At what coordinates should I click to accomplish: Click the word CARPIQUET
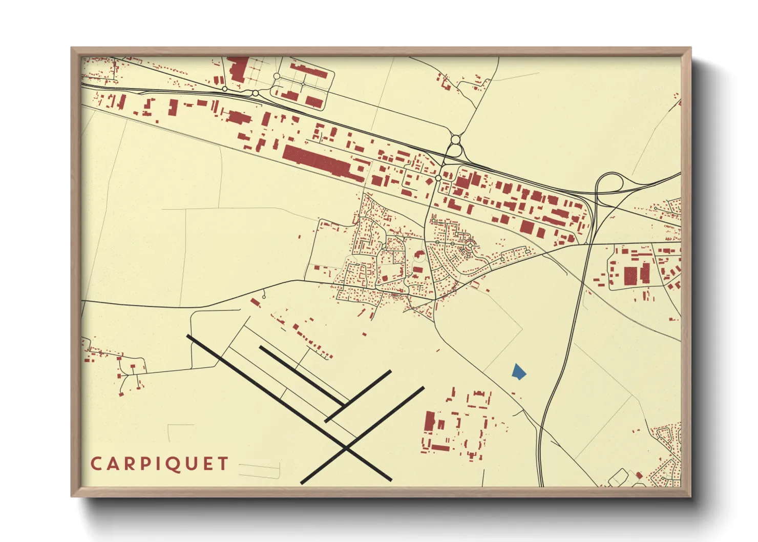pyautogui.click(x=159, y=464)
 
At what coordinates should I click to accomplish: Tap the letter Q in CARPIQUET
pyautogui.click(x=176, y=465)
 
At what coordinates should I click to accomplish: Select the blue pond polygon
pyautogui.click(x=518, y=371)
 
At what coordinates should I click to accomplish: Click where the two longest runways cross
pyautogui.click(x=347, y=449)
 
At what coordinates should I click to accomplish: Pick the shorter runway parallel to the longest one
pyautogui.click(x=301, y=376)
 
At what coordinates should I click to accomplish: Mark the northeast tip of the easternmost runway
pyautogui.click(x=423, y=388)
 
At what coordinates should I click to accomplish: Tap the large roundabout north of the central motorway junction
pyautogui.click(x=455, y=139)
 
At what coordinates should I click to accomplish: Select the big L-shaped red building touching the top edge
pyautogui.click(x=238, y=69)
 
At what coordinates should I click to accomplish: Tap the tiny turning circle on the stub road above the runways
pyautogui.click(x=264, y=297)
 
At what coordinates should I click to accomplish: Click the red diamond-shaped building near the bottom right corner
pyautogui.click(x=639, y=476)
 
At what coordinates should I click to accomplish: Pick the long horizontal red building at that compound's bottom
pyautogui.click(x=440, y=448)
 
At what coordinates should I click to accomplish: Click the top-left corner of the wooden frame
pyautogui.click(x=72, y=49)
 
